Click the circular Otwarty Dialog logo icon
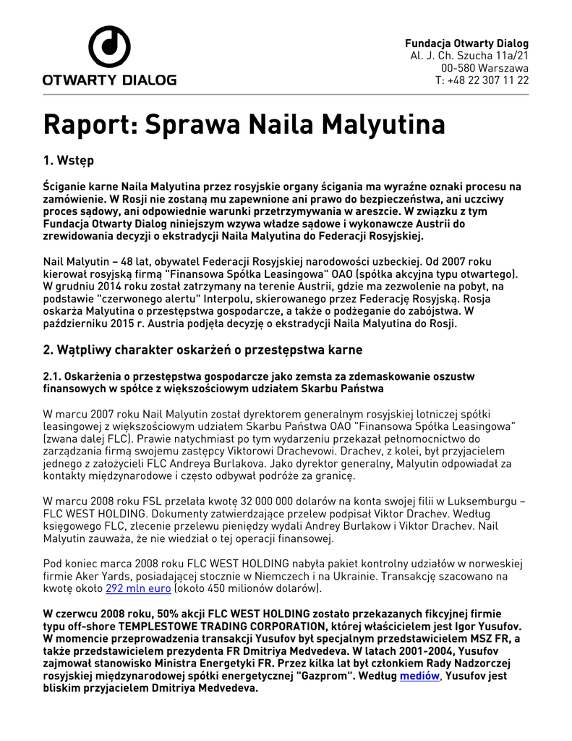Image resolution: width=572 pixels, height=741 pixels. click(x=109, y=46)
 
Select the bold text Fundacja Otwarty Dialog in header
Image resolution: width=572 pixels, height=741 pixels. click(x=466, y=43)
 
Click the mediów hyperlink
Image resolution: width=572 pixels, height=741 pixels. click(x=419, y=676)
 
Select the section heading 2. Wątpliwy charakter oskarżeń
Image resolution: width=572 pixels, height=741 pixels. click(x=202, y=350)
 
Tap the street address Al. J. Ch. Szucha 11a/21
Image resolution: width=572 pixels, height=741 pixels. click(x=469, y=56)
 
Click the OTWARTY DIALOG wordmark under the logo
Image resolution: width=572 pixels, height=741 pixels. click(x=109, y=80)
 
